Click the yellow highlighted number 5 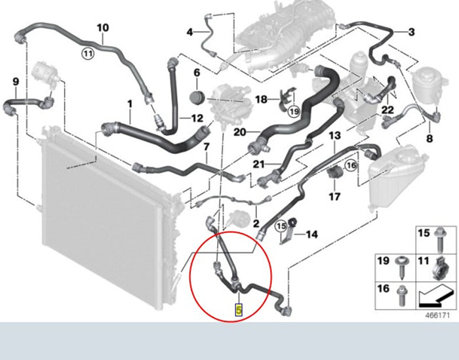coord(239,310)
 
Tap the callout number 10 coord(103,28)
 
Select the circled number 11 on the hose coord(87,54)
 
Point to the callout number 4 coord(190,32)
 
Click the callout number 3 coord(411,32)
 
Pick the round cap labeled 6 coord(197,97)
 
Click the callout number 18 coord(262,100)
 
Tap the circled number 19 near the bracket coord(294,111)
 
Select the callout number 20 coord(240,132)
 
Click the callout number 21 coord(258,164)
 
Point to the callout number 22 coord(388,110)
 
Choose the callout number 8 coord(429,138)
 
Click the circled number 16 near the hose coord(351,166)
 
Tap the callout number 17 coord(334,196)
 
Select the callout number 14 coord(311,234)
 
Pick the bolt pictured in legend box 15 coord(441,239)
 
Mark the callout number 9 coord(16,82)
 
